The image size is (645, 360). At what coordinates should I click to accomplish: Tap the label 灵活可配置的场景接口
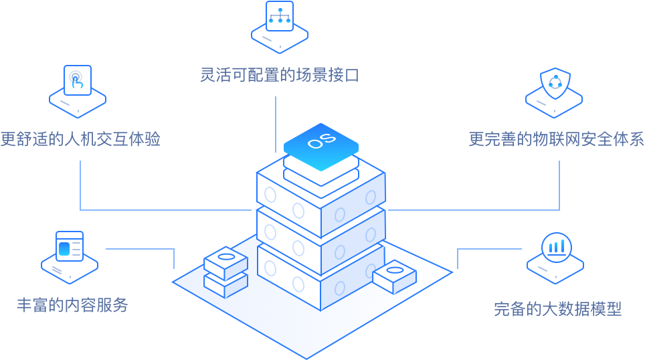[x=280, y=75]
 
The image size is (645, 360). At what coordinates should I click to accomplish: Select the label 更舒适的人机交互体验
[x=80, y=139]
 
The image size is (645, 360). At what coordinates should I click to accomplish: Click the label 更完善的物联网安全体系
[x=556, y=139]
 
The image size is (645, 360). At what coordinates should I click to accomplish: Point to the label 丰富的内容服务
[x=72, y=306]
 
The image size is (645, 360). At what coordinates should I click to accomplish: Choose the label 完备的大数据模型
[x=557, y=309]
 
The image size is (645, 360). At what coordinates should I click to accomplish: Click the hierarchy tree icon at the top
[x=279, y=17]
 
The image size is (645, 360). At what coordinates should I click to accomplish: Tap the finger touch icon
[x=78, y=80]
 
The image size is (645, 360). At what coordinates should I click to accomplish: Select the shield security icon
[x=555, y=84]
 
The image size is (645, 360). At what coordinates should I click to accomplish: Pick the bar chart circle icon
[x=555, y=247]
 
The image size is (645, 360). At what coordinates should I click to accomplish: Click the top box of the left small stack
[x=225, y=262]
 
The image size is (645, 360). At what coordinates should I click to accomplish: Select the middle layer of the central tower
[x=321, y=231]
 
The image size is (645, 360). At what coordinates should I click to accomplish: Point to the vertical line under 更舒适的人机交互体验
[x=80, y=184]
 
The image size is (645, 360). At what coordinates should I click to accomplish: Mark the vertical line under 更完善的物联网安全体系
[x=559, y=184]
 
